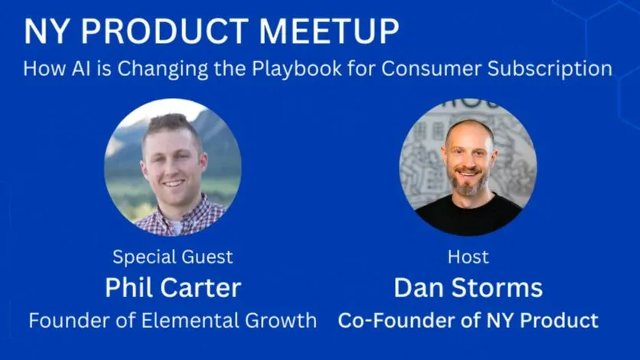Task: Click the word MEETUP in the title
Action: (329, 31)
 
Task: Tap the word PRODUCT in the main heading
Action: (165, 31)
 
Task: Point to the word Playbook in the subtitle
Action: (297, 69)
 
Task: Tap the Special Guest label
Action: (173, 257)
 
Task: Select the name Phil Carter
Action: (173, 288)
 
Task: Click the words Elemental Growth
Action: (229, 320)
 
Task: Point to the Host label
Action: (469, 257)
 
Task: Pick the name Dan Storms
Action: (469, 288)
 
